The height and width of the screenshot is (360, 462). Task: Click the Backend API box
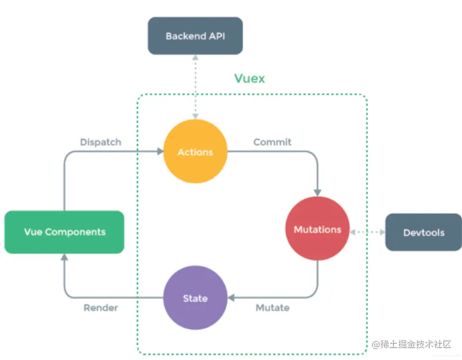[195, 36]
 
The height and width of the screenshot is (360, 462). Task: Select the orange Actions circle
[195, 152]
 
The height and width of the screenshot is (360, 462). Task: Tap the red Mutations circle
[318, 230]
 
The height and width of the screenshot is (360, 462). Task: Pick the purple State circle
[195, 298]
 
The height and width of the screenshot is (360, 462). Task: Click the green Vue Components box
[65, 232]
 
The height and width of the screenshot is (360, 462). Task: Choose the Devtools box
[423, 232]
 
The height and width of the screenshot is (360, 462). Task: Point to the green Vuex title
[249, 78]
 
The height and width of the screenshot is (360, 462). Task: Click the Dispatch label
[100, 142]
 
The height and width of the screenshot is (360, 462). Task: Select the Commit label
[272, 142]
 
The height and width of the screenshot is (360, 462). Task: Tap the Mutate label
[272, 308]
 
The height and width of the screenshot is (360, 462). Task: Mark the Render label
[101, 308]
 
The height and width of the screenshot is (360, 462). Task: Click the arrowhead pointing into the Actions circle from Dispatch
[160, 151]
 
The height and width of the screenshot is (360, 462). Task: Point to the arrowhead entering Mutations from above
[318, 192]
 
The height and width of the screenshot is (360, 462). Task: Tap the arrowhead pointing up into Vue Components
[64, 257]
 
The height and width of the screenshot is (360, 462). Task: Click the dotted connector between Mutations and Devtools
[367, 232]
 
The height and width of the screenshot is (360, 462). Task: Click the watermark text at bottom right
[411, 344]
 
